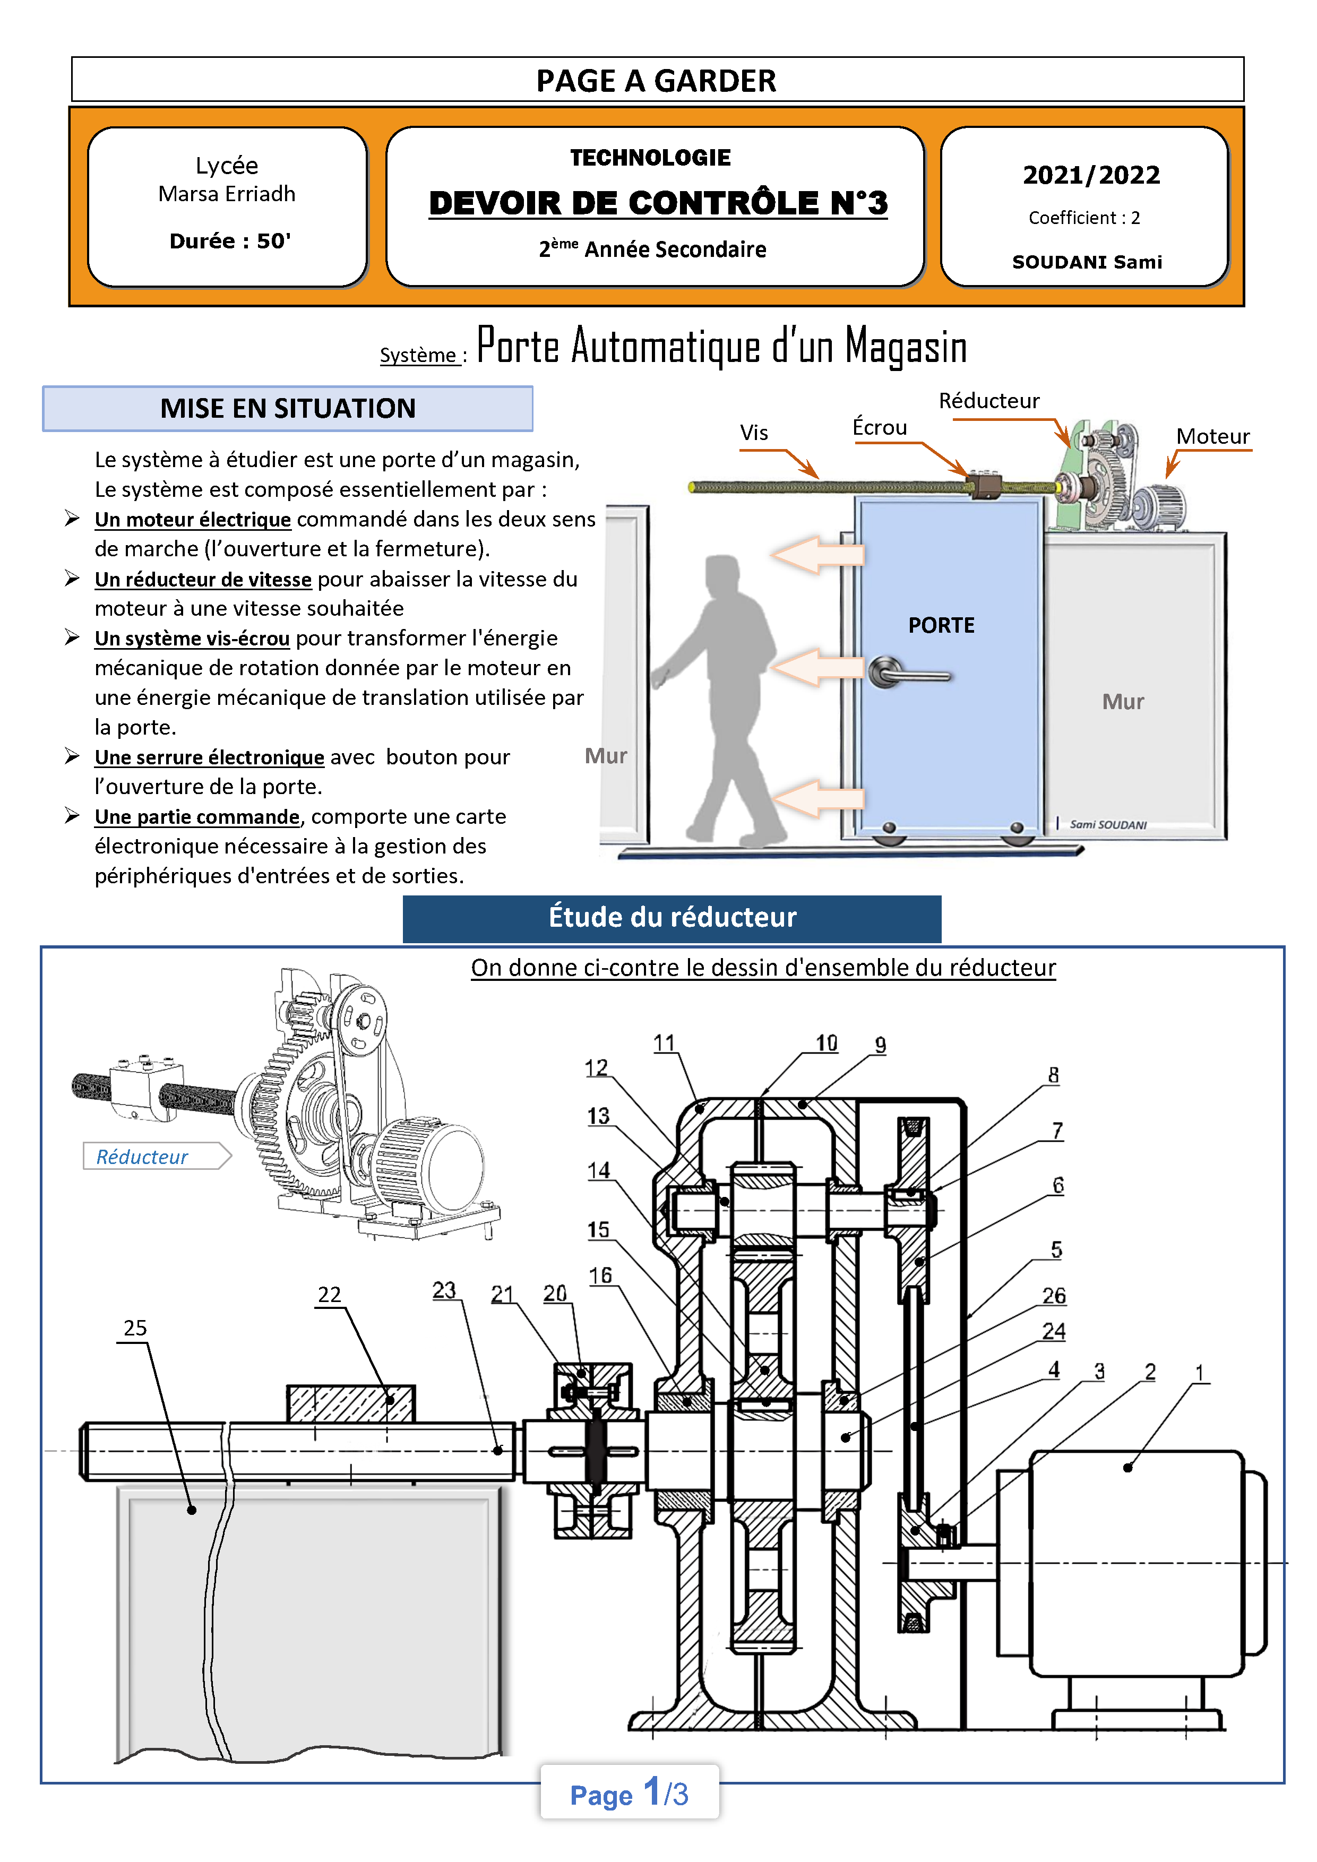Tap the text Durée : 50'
coord(229,241)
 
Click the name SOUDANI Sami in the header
coord(1087,262)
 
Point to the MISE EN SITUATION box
coord(288,408)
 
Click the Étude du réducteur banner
coord(672,917)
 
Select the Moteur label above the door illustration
coord(1212,436)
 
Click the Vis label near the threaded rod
coord(753,432)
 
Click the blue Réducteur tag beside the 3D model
coord(143,1157)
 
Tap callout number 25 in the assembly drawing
coord(135,1327)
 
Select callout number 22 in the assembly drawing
coord(329,1294)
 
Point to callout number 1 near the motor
coord(1199,1372)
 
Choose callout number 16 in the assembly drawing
coord(600,1275)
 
